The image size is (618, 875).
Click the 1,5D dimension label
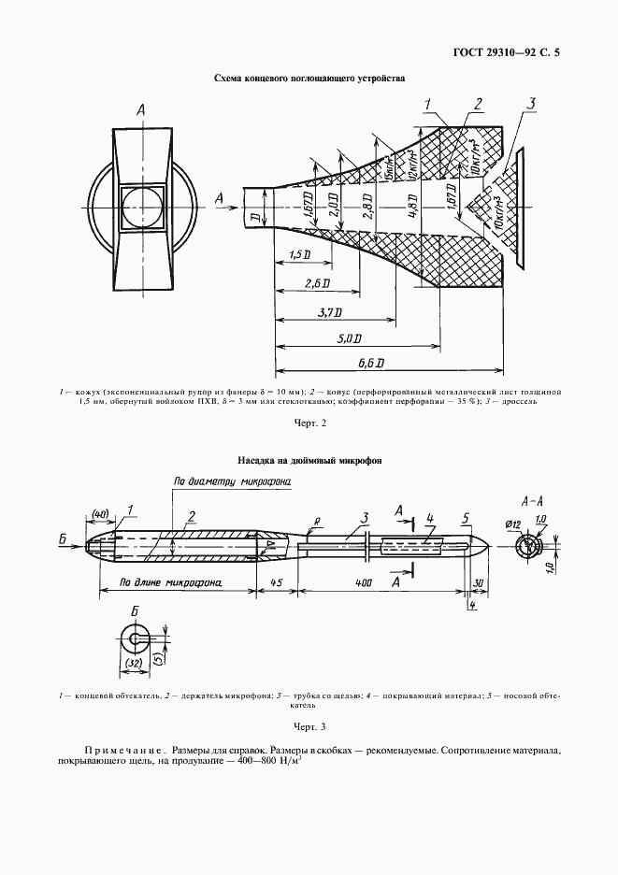pyautogui.click(x=300, y=255)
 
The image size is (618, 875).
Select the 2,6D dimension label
pyautogui.click(x=316, y=283)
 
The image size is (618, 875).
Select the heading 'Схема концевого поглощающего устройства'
pyautogui.click(x=309, y=79)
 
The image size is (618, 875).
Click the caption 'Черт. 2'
pyautogui.click(x=309, y=423)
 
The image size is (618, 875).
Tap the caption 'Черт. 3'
pyautogui.click(x=309, y=726)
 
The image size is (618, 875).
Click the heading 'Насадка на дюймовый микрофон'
pyautogui.click(x=309, y=460)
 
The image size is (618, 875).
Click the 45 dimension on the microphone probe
pyautogui.click(x=277, y=581)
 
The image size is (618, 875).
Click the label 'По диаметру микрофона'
pyautogui.click(x=233, y=481)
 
